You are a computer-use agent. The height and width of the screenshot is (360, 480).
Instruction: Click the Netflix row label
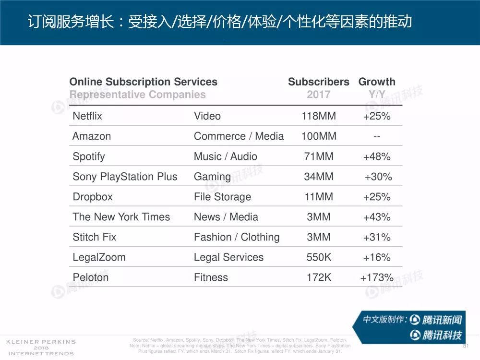point(87,116)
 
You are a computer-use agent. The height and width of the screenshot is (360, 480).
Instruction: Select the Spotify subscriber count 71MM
point(319,156)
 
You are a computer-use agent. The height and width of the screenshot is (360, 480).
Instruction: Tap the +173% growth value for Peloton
point(377,277)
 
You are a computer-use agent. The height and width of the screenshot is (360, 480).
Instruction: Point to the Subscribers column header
point(319,82)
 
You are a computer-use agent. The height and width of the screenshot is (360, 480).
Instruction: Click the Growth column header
point(377,82)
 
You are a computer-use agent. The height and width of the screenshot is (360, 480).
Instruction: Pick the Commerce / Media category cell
point(239,136)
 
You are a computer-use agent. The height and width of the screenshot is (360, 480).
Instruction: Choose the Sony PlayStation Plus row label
point(125,177)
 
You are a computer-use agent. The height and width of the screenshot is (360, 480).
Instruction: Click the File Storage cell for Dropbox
point(222,197)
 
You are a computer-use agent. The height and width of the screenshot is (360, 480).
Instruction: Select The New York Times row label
point(121,217)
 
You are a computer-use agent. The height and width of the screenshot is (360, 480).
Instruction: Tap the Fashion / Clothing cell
point(236,237)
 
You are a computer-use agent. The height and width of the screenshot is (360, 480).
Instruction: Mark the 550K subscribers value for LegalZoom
point(319,257)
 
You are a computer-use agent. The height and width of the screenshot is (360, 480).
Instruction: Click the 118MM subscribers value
point(319,116)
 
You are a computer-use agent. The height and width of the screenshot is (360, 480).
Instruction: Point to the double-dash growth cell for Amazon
point(377,137)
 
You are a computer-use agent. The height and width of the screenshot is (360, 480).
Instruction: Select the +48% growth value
point(377,156)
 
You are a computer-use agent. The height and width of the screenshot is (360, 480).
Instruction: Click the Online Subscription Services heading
point(143,82)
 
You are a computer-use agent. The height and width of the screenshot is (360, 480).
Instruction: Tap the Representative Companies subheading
point(137,95)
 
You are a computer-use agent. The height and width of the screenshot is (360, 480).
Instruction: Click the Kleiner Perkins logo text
point(40,342)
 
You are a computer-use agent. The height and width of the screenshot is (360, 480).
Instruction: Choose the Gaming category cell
point(212,177)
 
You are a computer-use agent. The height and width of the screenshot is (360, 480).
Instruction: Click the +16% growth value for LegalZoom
point(377,257)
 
